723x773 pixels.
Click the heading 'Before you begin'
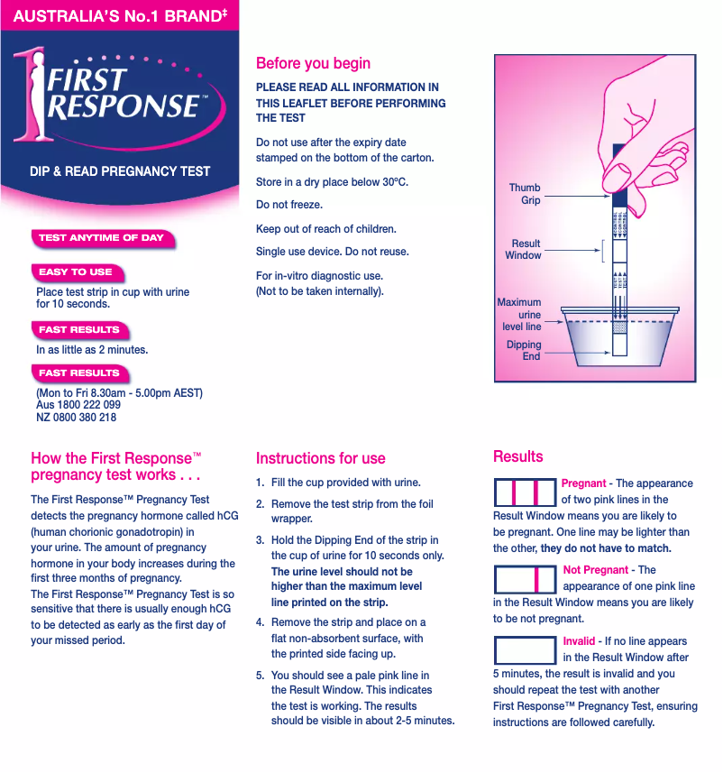[313, 63]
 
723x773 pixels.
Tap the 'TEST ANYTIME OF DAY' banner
[101, 238]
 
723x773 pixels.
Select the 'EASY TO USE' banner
[76, 271]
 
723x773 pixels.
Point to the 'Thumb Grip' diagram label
[525, 194]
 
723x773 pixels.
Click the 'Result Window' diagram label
[524, 249]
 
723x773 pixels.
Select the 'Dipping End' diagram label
[524, 350]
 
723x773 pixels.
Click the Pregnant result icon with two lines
[525, 492]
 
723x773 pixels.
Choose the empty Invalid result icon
[525, 649]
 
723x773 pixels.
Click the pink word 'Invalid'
[579, 641]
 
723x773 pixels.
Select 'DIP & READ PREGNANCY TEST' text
[120, 170]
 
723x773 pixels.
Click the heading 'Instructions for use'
[320, 458]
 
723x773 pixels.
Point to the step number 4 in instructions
[260, 622]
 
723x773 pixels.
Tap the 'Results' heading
[517, 456]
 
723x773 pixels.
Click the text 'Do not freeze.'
[289, 205]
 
